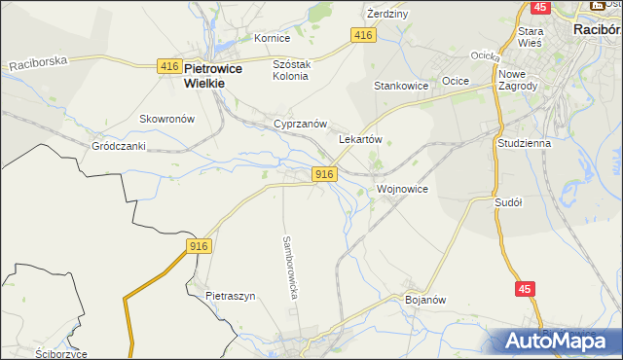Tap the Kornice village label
(x=272, y=38)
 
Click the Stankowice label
(x=402, y=86)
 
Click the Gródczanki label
(x=118, y=146)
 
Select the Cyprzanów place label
(x=299, y=125)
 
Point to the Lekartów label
(x=359, y=139)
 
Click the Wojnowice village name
(x=402, y=188)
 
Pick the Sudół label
(x=509, y=202)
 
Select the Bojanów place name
(x=424, y=300)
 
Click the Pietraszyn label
(x=230, y=295)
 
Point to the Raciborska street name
(x=38, y=62)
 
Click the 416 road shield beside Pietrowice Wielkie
(x=168, y=65)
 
